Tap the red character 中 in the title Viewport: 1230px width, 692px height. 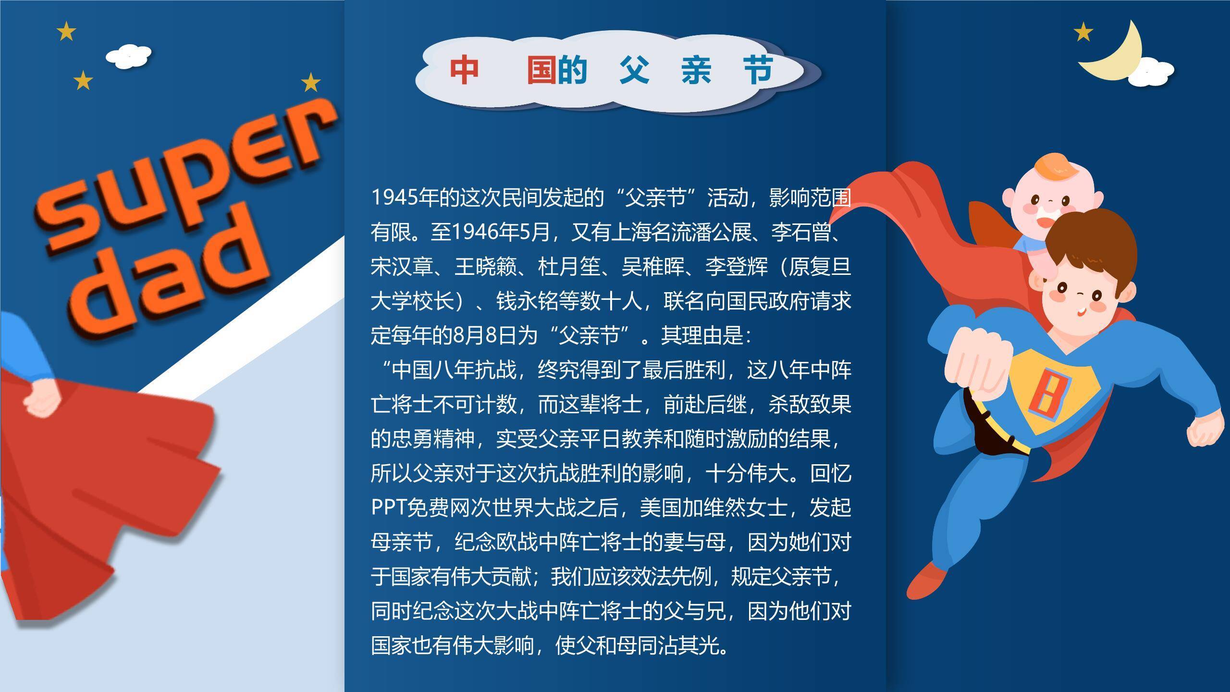[x=464, y=70]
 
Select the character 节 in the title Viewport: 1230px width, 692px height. [x=758, y=70]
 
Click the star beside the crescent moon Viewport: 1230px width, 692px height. [x=1083, y=33]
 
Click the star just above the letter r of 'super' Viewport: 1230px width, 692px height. [x=311, y=82]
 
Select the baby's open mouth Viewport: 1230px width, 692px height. [x=1043, y=222]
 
